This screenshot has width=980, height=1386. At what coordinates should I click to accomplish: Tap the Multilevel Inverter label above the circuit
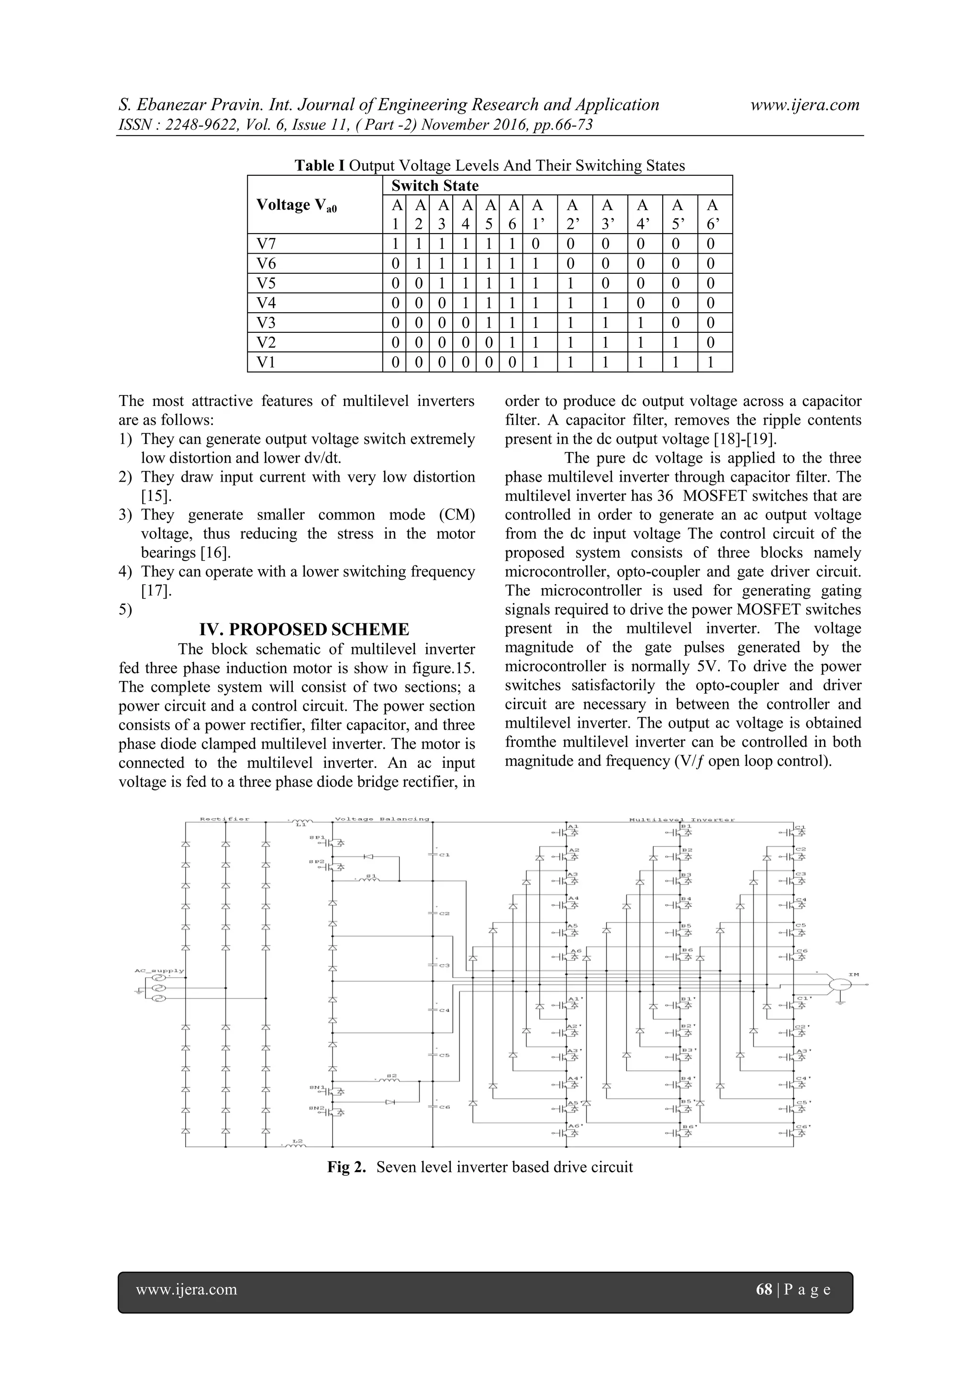pyautogui.click(x=682, y=819)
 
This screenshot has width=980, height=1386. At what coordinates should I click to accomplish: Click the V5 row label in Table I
pyautogui.click(x=266, y=283)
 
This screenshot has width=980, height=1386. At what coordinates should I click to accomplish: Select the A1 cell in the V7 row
pyautogui.click(x=395, y=244)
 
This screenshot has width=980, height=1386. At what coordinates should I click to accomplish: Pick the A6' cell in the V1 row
pyautogui.click(x=711, y=362)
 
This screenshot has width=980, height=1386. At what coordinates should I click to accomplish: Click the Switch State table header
pyautogui.click(x=434, y=185)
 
